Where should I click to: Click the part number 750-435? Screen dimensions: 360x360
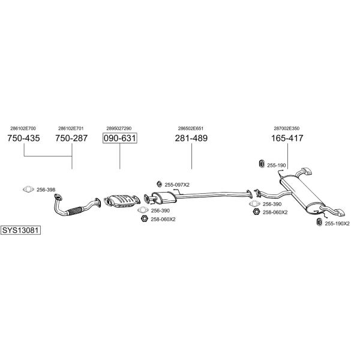point(23,138)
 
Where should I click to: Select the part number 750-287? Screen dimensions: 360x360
point(71,138)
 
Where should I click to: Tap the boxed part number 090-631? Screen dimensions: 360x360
point(120,138)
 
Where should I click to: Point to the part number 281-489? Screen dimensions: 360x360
point(191,138)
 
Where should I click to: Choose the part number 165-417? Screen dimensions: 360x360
point(287,138)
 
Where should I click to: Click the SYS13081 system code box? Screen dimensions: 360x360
point(20,230)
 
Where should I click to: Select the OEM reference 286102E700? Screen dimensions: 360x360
point(23,128)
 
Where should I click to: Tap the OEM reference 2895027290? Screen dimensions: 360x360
point(119,128)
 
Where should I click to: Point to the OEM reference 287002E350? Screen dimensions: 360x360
point(287,128)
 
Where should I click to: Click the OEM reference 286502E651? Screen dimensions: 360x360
point(191,128)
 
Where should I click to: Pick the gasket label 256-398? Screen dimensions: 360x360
point(46,190)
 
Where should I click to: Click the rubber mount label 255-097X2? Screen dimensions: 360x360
point(177,185)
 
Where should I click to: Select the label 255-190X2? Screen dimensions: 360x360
point(337,224)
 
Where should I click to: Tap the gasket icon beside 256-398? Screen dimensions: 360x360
point(28,190)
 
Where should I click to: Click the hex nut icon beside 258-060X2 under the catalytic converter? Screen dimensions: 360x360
point(144,219)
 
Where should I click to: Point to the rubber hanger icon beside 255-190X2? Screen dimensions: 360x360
point(319,222)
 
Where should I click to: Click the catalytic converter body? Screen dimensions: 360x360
point(121,200)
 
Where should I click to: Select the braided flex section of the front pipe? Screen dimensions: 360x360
point(75,211)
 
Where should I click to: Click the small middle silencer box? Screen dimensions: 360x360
point(164,197)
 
